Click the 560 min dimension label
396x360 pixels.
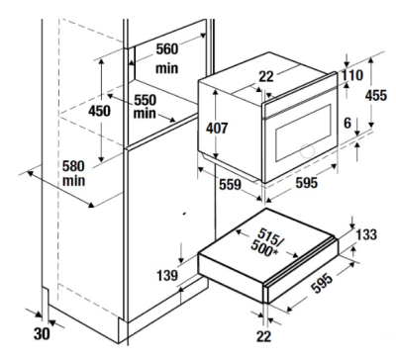point(167,58)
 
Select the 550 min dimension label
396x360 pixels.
point(145,107)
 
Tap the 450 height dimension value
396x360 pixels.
point(99,111)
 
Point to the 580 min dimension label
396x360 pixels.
point(74,173)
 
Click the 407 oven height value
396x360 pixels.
point(217,129)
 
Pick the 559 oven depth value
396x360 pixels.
point(231,184)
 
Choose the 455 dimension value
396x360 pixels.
point(376,95)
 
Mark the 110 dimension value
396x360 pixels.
point(351,75)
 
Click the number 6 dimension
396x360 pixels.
point(347,123)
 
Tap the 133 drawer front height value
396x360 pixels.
point(366,234)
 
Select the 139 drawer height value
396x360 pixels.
point(167,275)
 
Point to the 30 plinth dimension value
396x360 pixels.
point(42,334)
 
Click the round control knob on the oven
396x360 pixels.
point(307,150)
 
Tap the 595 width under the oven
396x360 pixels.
point(306,182)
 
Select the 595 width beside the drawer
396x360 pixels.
point(323,283)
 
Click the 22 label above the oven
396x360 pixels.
point(266,76)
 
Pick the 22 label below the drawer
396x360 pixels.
point(263,336)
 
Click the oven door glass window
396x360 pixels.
point(303,133)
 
